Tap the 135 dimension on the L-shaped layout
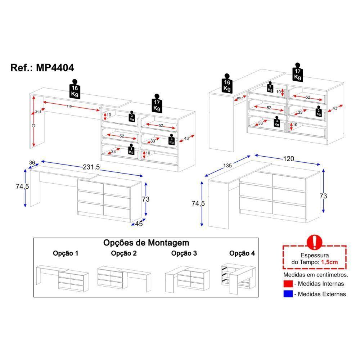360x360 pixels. pos(228,166)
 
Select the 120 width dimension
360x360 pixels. pos(288,159)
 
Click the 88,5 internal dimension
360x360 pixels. pos(240,98)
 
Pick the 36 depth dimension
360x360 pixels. pos(32,163)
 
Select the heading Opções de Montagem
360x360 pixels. pos(146,243)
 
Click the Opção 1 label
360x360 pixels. pos(66,253)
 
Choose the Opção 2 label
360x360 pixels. pos(124,253)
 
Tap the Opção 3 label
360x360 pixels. pos(184,253)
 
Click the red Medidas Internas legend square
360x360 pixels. pos(287,284)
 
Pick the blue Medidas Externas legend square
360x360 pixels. pos(287,294)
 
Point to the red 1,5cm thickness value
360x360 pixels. pos(329,262)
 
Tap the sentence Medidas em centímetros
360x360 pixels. pos(315,274)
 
